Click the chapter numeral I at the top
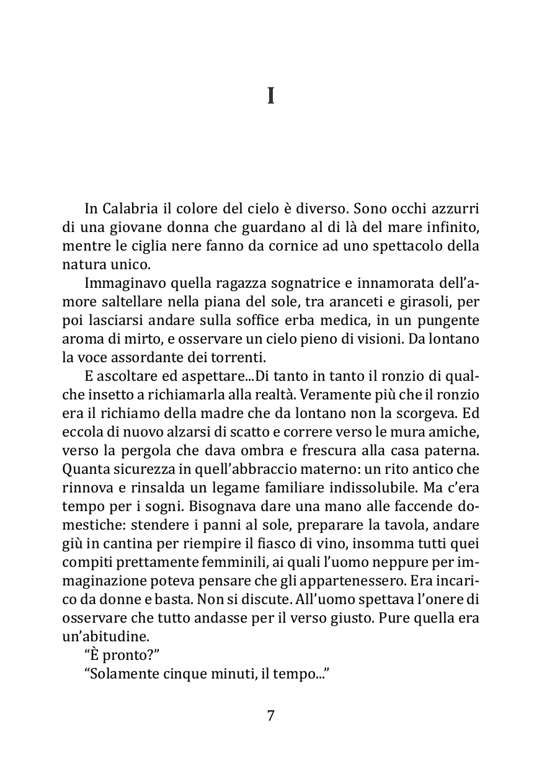tap(270, 97)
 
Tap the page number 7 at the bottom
tap(270, 715)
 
